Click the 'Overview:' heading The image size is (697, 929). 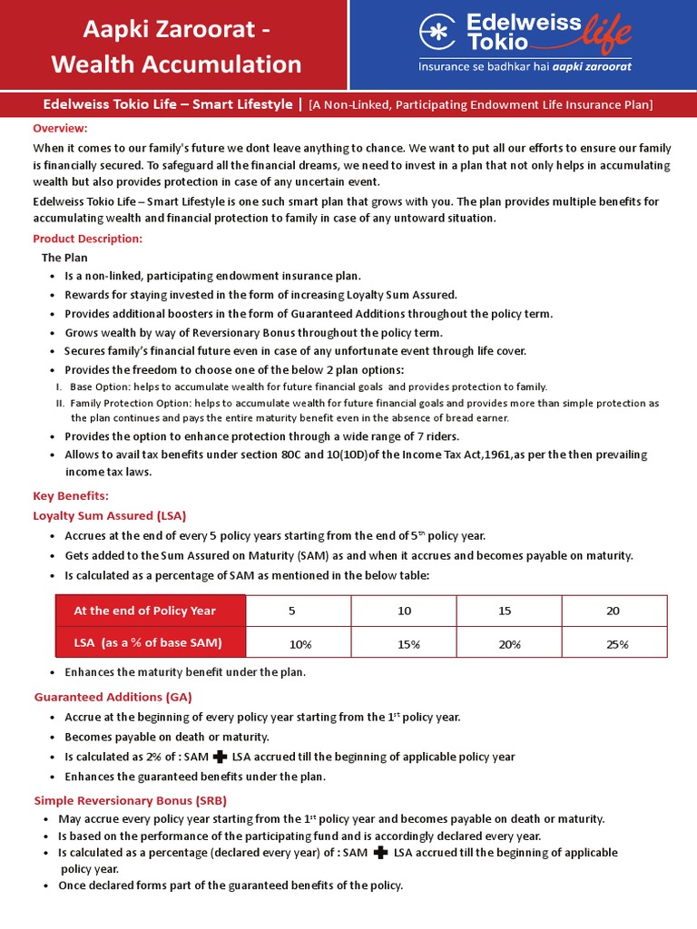click(60, 128)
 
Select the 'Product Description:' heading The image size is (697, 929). click(87, 239)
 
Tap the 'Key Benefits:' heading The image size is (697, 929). click(71, 495)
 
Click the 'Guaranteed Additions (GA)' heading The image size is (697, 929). click(113, 697)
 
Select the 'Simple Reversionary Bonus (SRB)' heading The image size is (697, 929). click(130, 800)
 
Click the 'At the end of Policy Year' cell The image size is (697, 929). click(145, 611)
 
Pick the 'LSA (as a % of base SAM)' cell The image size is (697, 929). click(148, 642)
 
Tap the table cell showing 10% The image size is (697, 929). click(299, 643)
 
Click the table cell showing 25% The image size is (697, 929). click(616, 643)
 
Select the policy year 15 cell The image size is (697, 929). click(506, 611)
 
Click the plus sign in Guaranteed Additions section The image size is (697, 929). click(219, 757)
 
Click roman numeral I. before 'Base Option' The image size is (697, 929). click(59, 386)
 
